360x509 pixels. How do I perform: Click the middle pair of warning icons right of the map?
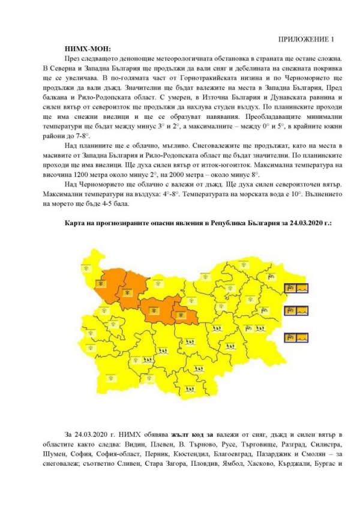(x=296, y=310)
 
